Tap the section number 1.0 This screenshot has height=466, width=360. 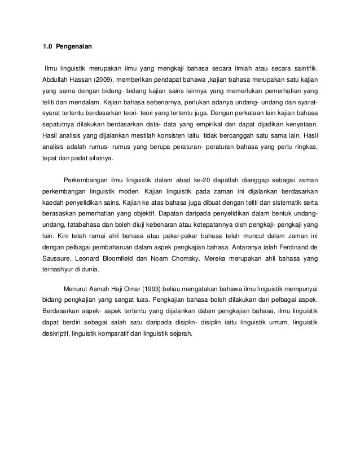(x=49, y=45)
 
